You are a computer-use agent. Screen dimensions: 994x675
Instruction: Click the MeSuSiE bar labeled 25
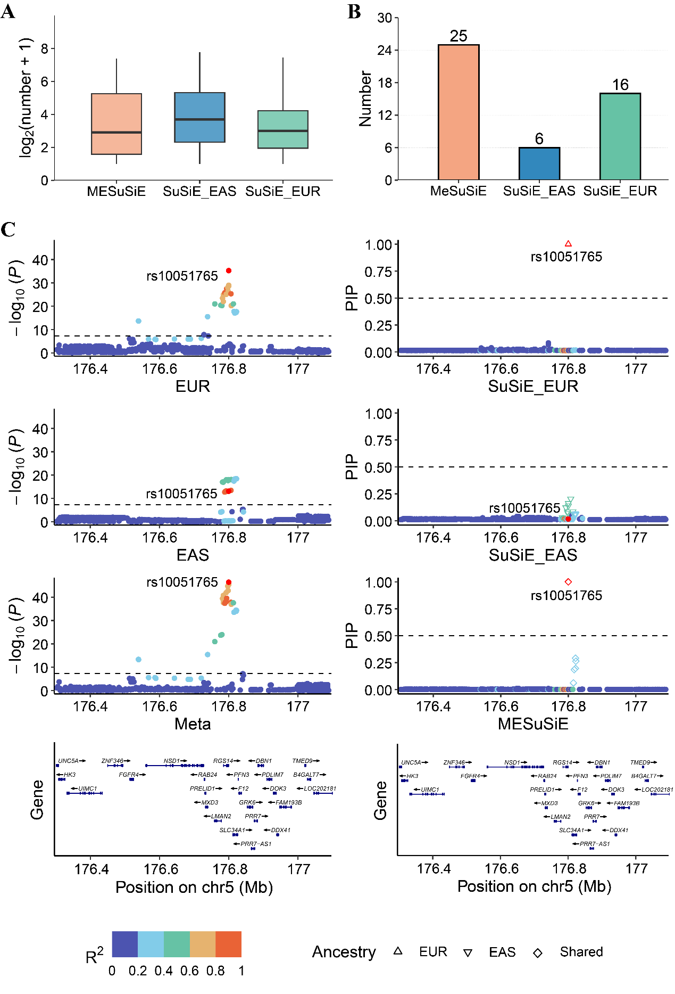click(458, 112)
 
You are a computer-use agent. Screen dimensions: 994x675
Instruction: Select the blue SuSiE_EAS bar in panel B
click(539, 163)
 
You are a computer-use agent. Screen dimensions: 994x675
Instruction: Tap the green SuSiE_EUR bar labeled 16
click(620, 136)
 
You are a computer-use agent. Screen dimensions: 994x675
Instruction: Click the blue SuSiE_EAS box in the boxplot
click(199, 117)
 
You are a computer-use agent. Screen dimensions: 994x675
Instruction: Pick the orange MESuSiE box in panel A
click(116, 124)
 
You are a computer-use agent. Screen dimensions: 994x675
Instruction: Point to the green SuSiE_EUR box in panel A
click(282, 129)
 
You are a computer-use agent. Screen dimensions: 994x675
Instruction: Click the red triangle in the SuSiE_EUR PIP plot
click(568, 244)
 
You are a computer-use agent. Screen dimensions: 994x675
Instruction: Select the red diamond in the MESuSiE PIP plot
click(568, 582)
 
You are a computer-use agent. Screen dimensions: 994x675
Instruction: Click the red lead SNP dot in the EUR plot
click(229, 271)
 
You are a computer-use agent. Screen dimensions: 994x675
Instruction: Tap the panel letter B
click(354, 12)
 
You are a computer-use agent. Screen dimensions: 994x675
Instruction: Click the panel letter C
click(8, 229)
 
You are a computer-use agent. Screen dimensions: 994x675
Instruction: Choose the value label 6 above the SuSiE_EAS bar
click(539, 139)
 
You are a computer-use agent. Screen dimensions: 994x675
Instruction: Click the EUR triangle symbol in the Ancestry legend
click(397, 951)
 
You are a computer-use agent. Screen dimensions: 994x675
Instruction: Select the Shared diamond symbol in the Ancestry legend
click(538, 952)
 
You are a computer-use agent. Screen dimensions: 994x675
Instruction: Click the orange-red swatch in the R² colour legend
click(228, 944)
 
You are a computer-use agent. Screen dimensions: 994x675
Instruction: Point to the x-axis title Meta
click(193, 724)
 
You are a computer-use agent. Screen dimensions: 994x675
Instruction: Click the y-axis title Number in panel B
click(365, 99)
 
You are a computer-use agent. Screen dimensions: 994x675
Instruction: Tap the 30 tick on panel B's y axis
click(384, 18)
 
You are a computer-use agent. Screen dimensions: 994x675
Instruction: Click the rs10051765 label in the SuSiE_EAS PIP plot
click(524, 508)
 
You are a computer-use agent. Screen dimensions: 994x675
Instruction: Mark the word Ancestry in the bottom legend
click(344, 952)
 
